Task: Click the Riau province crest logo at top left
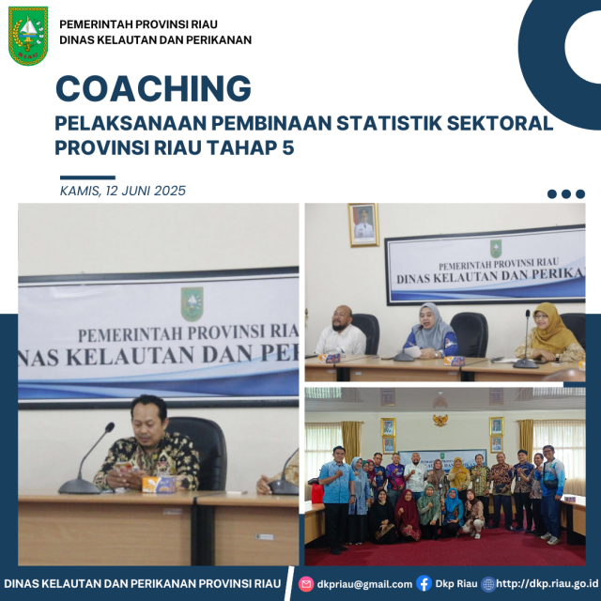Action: coord(28,35)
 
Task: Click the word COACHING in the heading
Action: coord(153,88)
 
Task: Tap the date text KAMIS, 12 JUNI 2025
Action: coord(122,191)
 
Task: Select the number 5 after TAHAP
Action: coord(287,147)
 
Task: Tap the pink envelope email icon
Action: coord(305,584)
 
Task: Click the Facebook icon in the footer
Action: coord(424,584)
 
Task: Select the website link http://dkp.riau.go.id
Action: coord(546,584)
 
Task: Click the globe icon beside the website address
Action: coord(487,584)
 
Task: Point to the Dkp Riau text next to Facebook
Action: coord(455,584)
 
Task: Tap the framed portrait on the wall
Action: coord(363,224)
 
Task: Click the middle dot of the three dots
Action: coord(566,194)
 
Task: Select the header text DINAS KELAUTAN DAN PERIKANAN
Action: coord(155,39)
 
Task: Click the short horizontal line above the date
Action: coord(86,177)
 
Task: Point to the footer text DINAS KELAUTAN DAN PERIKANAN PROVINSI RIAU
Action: coord(142,584)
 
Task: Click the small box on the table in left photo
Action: coord(158,484)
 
